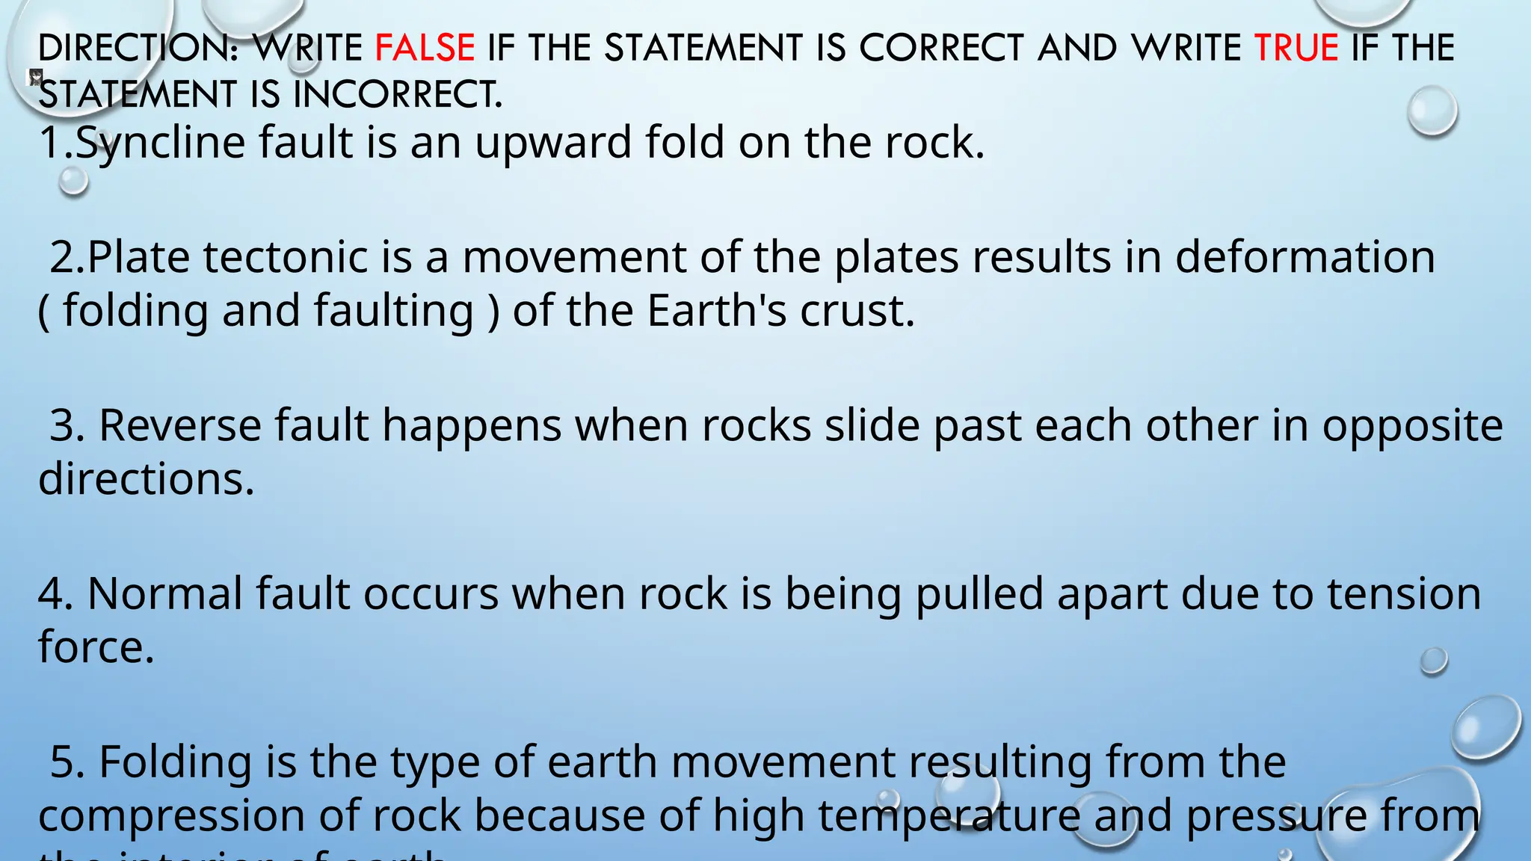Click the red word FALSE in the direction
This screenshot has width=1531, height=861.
[x=425, y=48]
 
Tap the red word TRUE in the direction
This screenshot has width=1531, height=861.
[x=1296, y=48]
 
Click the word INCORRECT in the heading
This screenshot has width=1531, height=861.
[x=398, y=95]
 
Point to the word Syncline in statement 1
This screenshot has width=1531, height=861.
[x=161, y=142]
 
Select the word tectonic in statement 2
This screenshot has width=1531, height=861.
[x=286, y=257]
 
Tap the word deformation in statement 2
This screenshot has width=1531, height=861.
[x=1304, y=257]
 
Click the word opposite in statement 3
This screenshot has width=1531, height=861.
[x=1412, y=425]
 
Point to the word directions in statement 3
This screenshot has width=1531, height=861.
[x=147, y=478]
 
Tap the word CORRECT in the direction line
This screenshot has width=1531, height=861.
[x=941, y=48]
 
